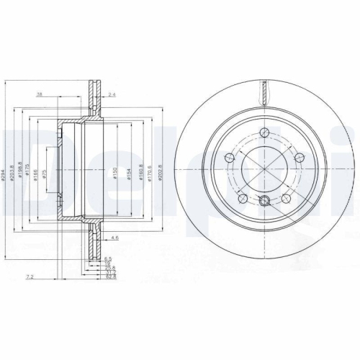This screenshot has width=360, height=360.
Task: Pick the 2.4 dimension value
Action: point(112,94)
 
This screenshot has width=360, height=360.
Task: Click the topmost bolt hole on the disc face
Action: point(264,132)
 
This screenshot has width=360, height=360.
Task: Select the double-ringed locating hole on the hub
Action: point(264,202)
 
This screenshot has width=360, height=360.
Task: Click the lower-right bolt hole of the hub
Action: point(286,197)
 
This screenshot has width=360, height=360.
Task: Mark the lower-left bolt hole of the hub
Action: point(242,197)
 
